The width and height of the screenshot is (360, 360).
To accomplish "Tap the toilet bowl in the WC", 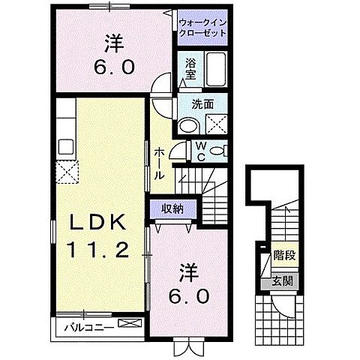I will tap(217, 151).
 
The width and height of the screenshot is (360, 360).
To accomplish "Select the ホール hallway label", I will tap(160, 162).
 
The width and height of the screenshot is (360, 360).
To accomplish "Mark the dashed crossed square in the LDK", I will tap(70, 172).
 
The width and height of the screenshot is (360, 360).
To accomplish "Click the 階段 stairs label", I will tap(283, 256).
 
